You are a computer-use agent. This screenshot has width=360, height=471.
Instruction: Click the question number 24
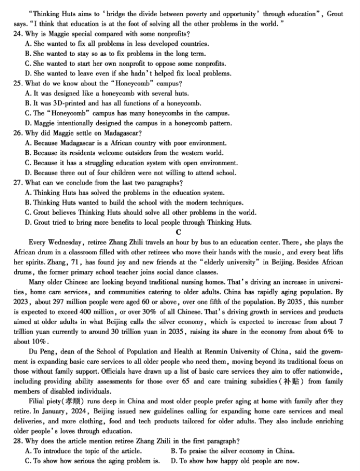pyautogui.click(x=17, y=34)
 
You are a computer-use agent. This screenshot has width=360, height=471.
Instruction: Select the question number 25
pyautogui.click(x=17, y=84)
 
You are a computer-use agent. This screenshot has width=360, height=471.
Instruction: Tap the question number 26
pyautogui.click(x=17, y=133)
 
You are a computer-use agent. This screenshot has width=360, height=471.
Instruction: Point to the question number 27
pyautogui.click(x=17, y=182)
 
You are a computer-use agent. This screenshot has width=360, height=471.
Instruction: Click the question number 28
pyautogui.click(x=17, y=441)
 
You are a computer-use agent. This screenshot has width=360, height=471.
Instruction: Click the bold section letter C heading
pyautogui.click(x=178, y=232)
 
